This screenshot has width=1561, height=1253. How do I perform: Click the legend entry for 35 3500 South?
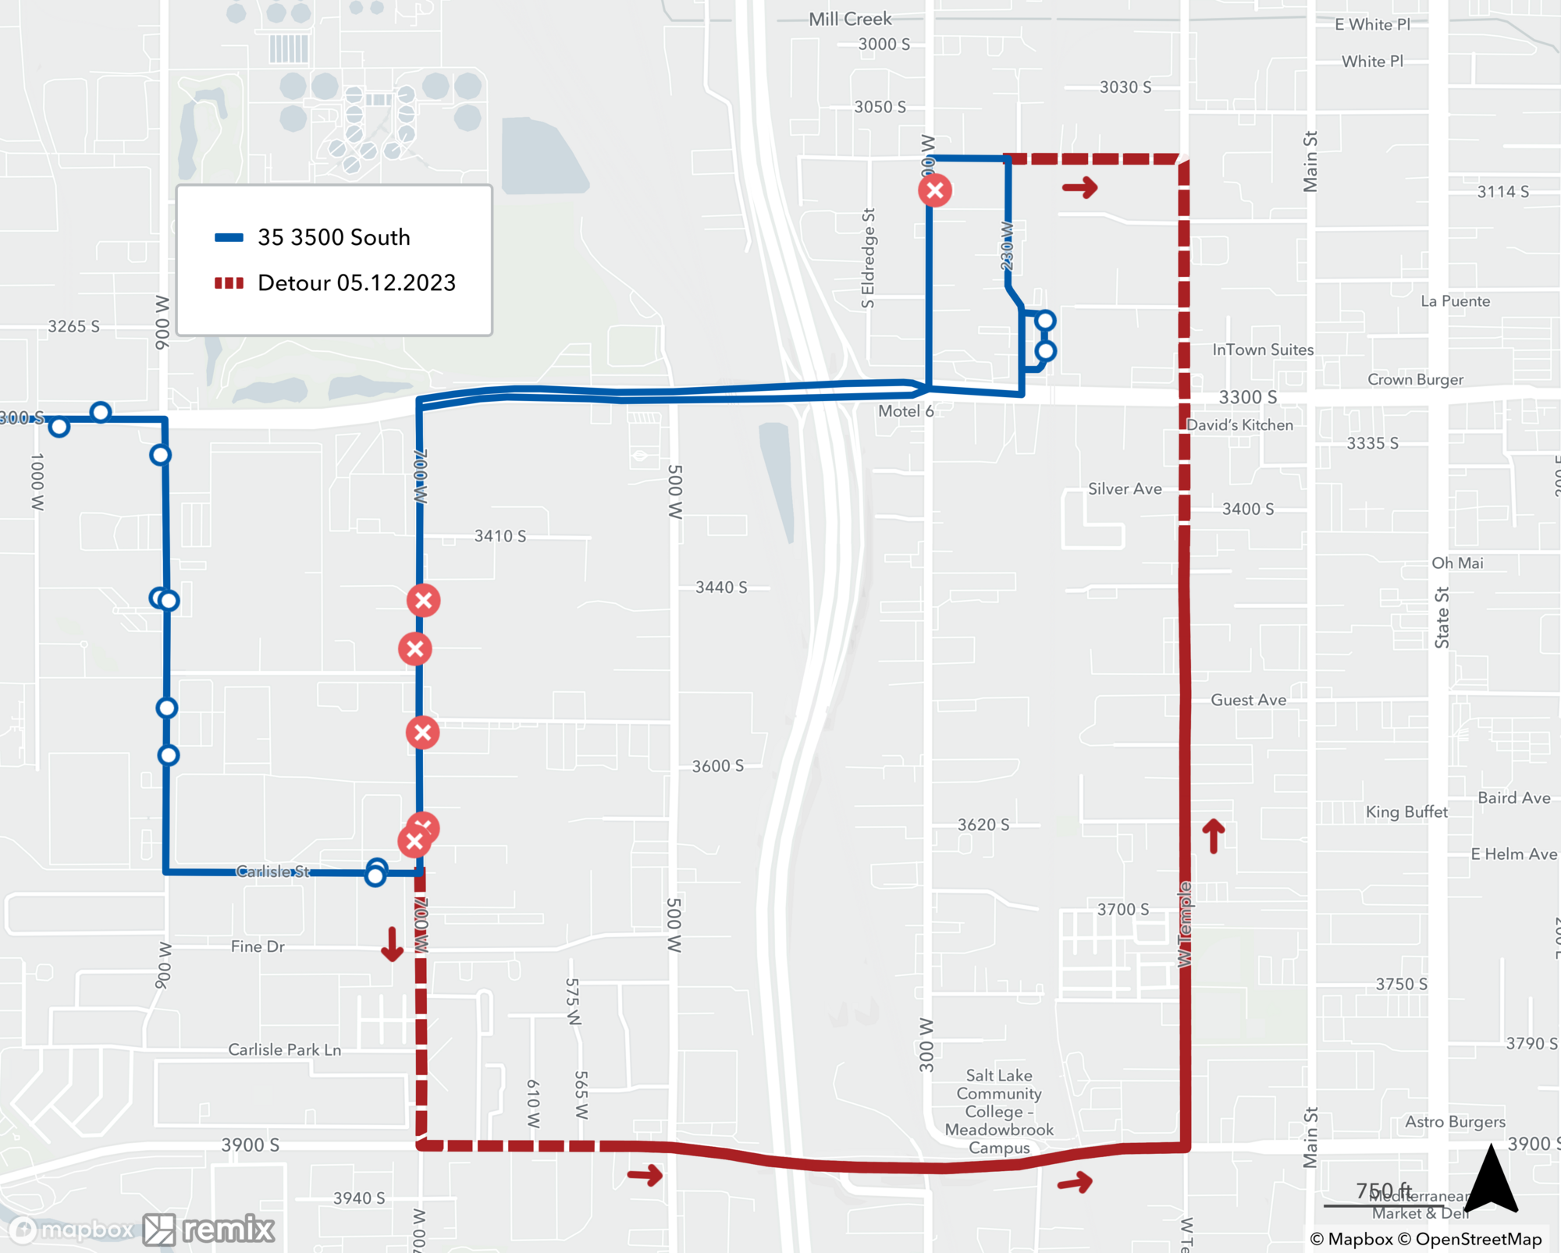point(333,237)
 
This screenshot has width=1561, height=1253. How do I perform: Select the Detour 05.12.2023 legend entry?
point(356,282)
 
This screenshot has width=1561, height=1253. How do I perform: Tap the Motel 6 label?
point(905,411)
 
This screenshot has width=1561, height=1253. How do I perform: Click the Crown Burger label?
point(1415,380)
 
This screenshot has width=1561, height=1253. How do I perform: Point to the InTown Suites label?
point(1262,350)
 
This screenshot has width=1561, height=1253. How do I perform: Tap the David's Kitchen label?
point(1239,425)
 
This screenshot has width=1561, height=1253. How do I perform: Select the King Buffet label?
point(1406,812)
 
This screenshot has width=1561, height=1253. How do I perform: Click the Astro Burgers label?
point(1455,1122)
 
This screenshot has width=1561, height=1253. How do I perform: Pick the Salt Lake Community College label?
point(999,1111)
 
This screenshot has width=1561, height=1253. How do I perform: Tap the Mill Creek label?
point(850,20)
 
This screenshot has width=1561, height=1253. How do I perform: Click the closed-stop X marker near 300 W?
point(934,190)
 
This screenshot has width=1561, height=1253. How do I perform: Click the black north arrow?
point(1491,1180)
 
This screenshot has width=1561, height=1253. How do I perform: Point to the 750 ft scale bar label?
point(1383,1191)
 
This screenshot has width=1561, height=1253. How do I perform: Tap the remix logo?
point(209,1230)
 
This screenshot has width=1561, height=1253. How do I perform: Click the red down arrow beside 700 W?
point(392,944)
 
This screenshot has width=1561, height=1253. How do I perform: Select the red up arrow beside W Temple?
point(1213,836)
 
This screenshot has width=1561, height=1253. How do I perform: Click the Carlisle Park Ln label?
point(284,1050)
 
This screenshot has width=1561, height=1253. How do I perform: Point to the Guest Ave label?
point(1248,701)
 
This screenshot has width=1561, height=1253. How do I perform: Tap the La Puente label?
point(1455,302)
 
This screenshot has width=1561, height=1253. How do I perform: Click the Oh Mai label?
point(1457,563)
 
